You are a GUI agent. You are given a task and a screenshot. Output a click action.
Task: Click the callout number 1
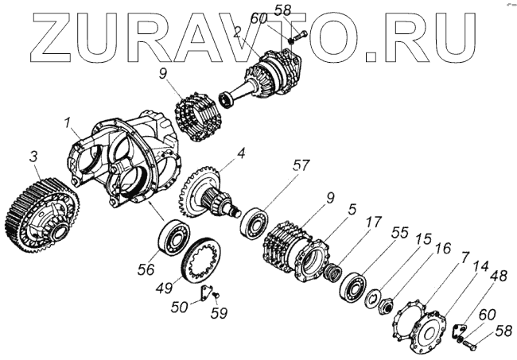(69, 123)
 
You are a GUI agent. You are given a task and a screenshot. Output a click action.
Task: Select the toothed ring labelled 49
(200, 259)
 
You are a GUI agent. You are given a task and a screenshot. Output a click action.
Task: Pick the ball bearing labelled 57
(254, 221)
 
